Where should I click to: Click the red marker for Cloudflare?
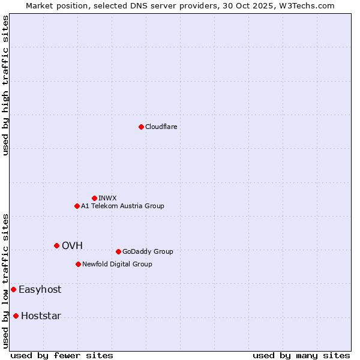tap(141, 127)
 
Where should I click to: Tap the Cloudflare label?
tap(161, 127)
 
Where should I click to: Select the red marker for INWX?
tap(94, 198)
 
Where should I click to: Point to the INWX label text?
tap(107, 198)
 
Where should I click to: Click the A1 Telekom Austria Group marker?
tap(77, 206)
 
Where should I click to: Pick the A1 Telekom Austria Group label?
tap(122, 206)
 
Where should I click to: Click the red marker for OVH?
tap(56, 245)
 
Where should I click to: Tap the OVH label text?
tap(72, 245)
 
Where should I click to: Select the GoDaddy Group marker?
tap(118, 251)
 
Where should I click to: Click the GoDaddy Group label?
tap(148, 251)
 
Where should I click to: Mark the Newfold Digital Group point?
tap(78, 264)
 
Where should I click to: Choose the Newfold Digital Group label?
tap(117, 264)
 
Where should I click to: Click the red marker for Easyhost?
tap(13, 289)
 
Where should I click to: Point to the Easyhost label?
tap(40, 289)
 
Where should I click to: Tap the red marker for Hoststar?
tap(16, 316)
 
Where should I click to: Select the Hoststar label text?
tap(41, 316)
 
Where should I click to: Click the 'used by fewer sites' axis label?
tap(62, 355)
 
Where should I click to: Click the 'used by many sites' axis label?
tap(301, 355)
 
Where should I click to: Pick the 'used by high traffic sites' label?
tap(5, 85)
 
